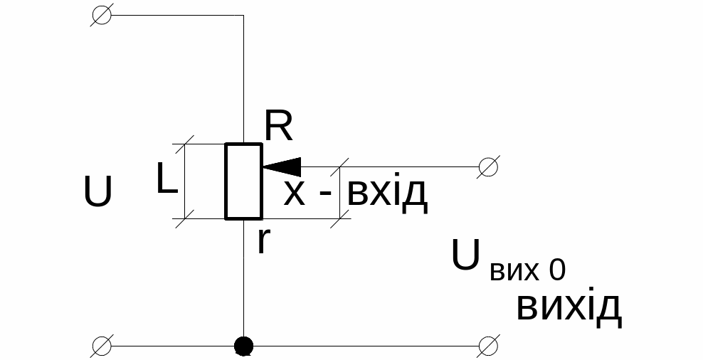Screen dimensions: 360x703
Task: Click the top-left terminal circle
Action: pos(102,16)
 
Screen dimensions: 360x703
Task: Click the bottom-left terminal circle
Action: pos(102,346)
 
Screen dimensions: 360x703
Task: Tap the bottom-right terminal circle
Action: pos(488,346)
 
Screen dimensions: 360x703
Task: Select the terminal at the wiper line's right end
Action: pos(488,167)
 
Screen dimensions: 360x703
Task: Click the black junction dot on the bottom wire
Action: pos(244,346)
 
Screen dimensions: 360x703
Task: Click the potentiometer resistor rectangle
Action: pos(244,181)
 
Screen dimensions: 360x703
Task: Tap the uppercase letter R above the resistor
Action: pos(278,127)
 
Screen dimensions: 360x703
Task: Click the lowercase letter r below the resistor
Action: pos(263,241)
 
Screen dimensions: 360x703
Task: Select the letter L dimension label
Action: pos(167,181)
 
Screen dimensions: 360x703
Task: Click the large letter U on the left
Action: pos(98,192)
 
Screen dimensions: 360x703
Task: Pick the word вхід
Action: pos(387,194)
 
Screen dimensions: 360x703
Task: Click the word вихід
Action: pos(569,307)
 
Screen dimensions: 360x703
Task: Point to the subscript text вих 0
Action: pos(527,271)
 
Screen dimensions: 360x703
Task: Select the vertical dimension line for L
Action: pos(184,181)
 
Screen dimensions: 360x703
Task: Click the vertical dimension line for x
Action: pos(339,192)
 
